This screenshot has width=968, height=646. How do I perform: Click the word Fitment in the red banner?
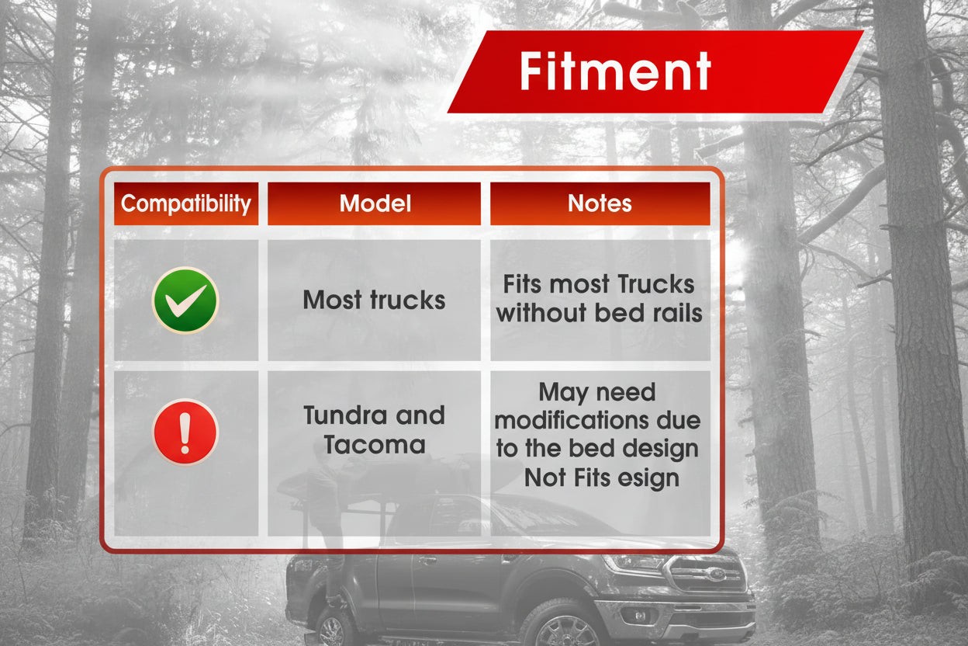click(x=615, y=71)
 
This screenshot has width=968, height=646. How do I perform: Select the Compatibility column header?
click(x=186, y=203)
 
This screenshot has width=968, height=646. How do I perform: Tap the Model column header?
click(x=374, y=203)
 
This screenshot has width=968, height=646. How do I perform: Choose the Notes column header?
click(x=600, y=203)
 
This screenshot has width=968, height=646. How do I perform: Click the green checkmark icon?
click(x=185, y=300)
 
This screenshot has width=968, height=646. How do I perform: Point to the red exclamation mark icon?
click(x=185, y=432)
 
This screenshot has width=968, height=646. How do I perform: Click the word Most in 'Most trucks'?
click(x=333, y=300)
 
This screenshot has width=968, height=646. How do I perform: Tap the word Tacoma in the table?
click(x=375, y=445)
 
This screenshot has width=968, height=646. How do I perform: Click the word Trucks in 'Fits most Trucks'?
click(x=656, y=284)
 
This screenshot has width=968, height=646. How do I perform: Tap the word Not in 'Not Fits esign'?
click(x=543, y=478)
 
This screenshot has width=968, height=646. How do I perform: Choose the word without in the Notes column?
click(x=541, y=313)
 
